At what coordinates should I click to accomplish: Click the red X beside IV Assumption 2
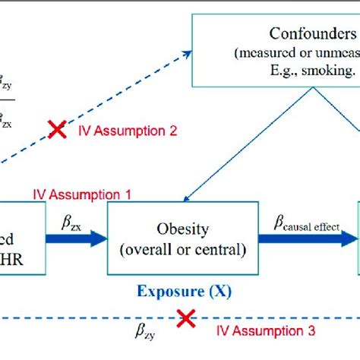(x=56, y=130)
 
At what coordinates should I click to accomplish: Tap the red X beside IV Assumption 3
(x=184, y=320)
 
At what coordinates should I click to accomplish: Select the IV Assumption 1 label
(x=81, y=194)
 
